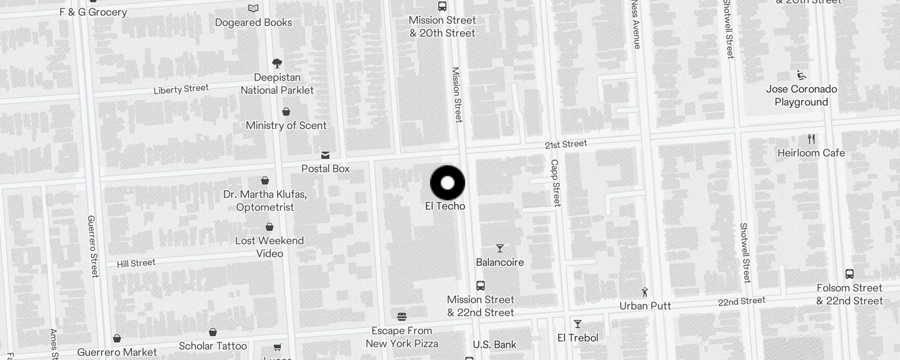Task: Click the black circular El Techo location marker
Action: click(447, 183)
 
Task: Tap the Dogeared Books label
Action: click(253, 22)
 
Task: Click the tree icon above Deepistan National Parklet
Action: click(277, 63)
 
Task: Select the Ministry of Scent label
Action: click(286, 126)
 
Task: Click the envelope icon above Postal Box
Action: click(325, 156)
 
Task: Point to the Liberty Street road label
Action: click(181, 89)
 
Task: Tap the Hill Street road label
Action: click(136, 263)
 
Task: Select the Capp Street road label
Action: click(556, 183)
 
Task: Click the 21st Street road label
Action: click(566, 144)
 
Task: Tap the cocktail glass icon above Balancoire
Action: click(499, 248)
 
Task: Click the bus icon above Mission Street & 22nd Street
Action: click(481, 286)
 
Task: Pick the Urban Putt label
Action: click(645, 306)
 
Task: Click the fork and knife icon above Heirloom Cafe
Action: click(811, 139)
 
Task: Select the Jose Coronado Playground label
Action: click(801, 95)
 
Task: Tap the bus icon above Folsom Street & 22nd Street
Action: click(849, 274)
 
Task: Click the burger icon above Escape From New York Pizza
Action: click(402, 317)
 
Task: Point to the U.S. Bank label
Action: click(495, 345)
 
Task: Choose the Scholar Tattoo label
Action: click(213, 346)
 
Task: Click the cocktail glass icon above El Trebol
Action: click(578, 324)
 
